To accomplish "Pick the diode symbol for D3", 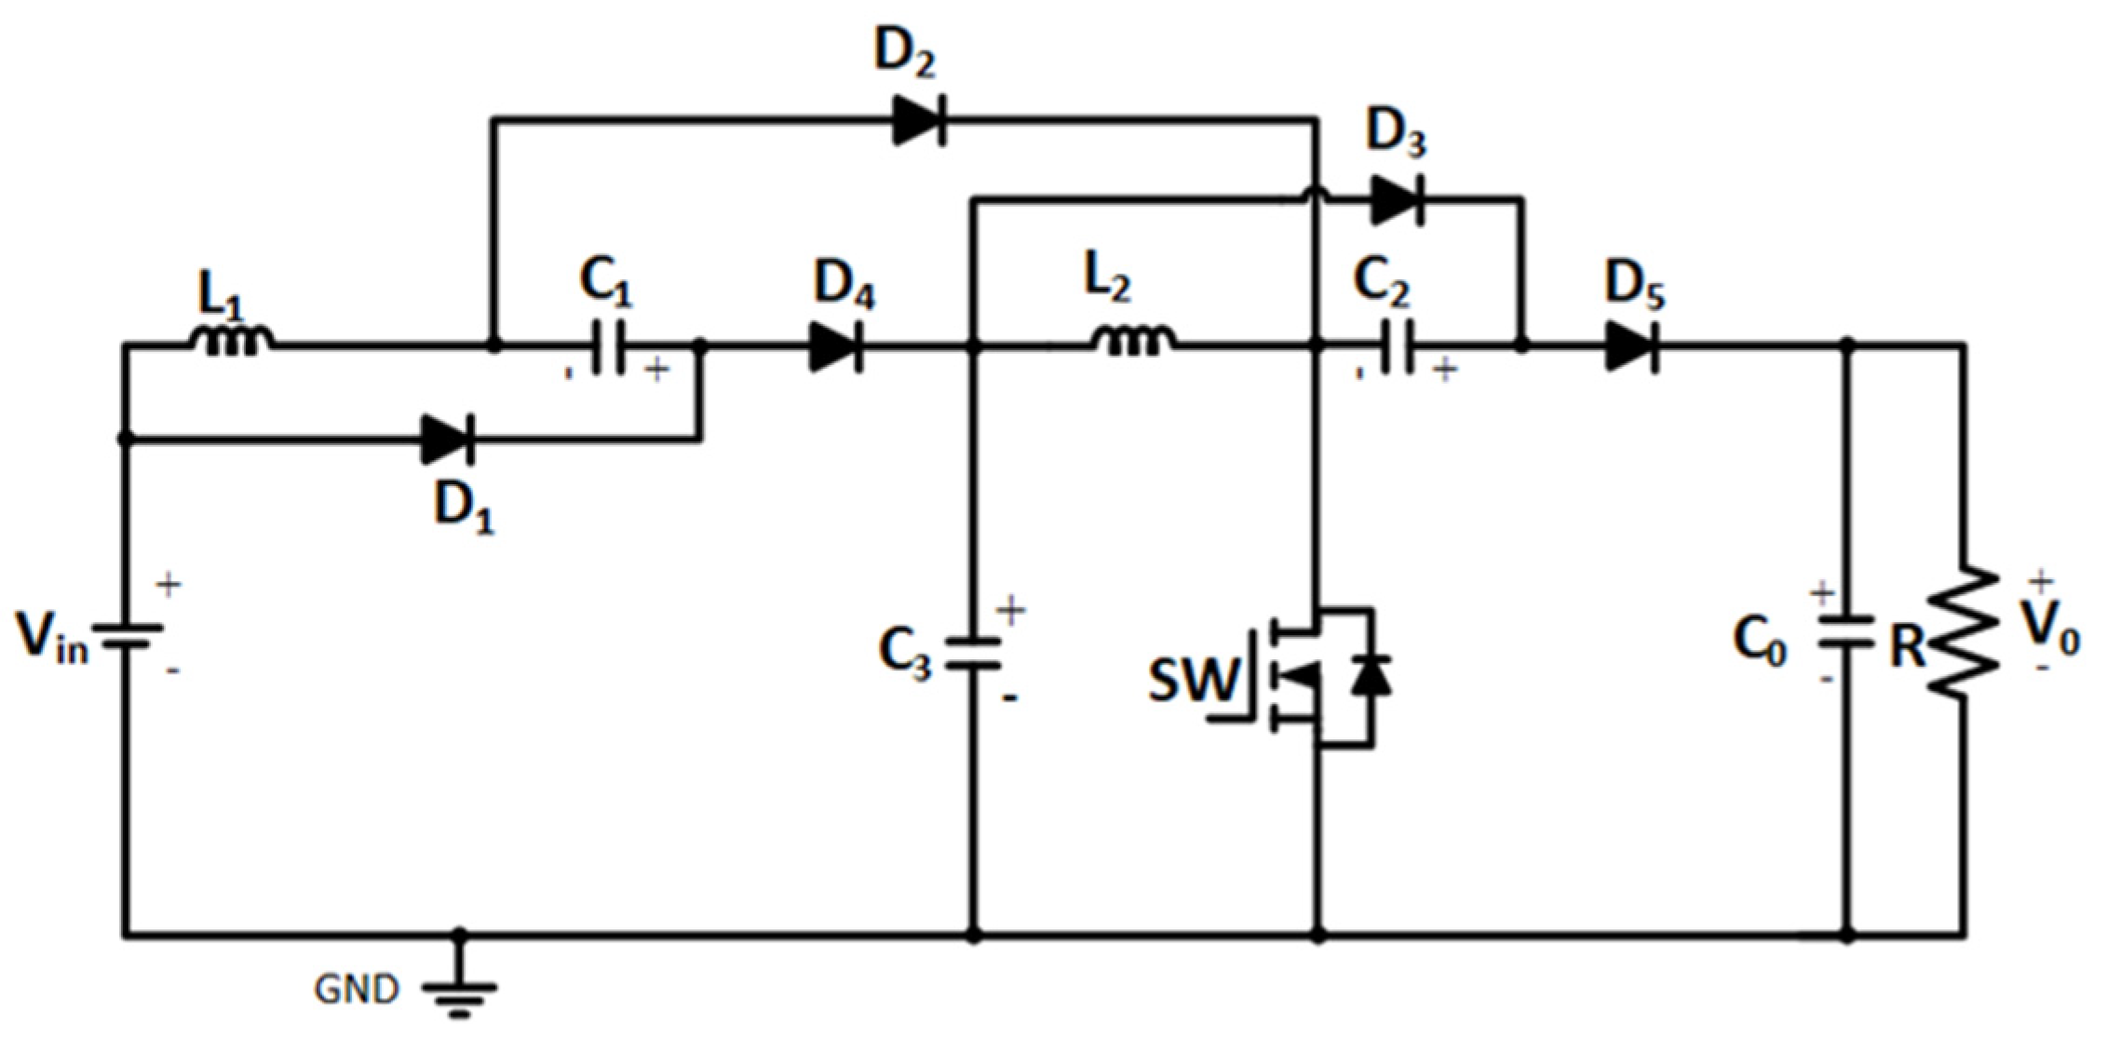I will [x=1397, y=199].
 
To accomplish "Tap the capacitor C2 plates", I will [x=1398, y=346].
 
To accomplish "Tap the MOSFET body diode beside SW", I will [x=1371, y=675].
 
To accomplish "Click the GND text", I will [x=357, y=990].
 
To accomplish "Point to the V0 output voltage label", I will [x=2052, y=633].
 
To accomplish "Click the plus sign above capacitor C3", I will [x=1010, y=611].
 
